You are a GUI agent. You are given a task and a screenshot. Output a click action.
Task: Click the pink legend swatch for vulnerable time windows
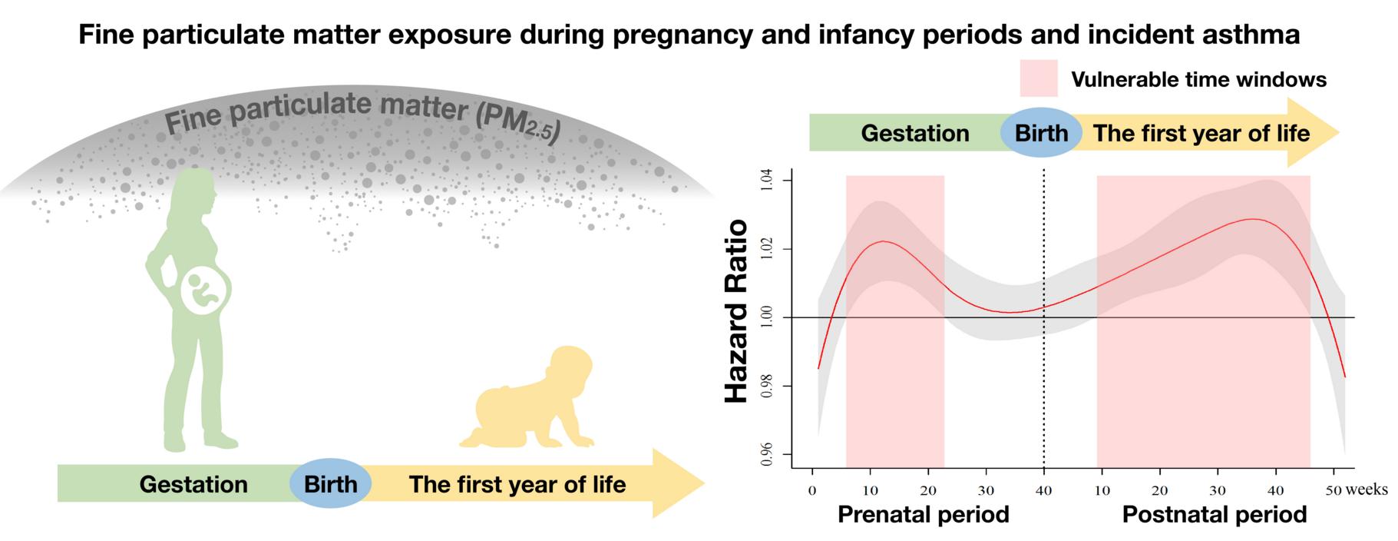pyautogui.click(x=1038, y=78)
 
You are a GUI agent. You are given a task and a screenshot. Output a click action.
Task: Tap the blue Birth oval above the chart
pyautogui.click(x=1041, y=133)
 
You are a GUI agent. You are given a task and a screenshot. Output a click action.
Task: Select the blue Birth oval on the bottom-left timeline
pyautogui.click(x=330, y=484)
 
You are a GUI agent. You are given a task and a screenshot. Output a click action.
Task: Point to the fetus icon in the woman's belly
pyautogui.click(x=204, y=292)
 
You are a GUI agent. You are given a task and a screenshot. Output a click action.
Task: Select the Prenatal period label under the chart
pyautogui.click(x=923, y=514)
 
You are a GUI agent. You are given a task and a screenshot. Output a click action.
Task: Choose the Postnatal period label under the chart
pyautogui.click(x=1215, y=514)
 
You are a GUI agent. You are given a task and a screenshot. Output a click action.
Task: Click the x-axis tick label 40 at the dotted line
pyautogui.click(x=1044, y=490)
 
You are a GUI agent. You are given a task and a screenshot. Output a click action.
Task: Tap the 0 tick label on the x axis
pyautogui.click(x=812, y=490)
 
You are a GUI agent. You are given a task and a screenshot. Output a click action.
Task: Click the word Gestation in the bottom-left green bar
pyautogui.click(x=193, y=484)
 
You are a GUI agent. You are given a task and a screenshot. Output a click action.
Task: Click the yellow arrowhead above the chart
pyautogui.click(x=1314, y=132)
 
